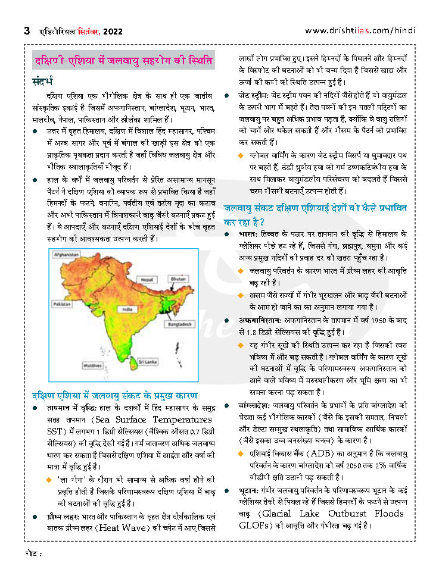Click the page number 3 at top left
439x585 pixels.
pos(27,31)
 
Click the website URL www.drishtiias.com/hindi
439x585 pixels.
pos(360,31)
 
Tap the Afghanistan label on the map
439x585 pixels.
pos(67,254)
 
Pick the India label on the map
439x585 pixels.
pos(126,309)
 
